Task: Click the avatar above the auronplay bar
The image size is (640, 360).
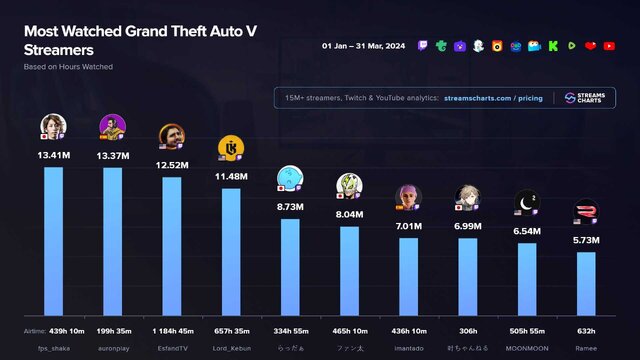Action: click(x=112, y=127)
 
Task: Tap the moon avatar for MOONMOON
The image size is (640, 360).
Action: click(x=527, y=203)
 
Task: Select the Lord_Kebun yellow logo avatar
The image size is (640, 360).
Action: click(x=230, y=148)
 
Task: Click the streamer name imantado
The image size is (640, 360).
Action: click(x=408, y=347)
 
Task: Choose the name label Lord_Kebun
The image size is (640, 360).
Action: click(x=230, y=347)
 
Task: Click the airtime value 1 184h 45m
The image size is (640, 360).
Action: click(x=172, y=330)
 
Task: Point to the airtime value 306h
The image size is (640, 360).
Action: click(x=468, y=330)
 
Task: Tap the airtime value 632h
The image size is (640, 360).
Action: click(x=586, y=330)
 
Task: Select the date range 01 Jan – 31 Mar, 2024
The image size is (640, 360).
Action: click(x=363, y=46)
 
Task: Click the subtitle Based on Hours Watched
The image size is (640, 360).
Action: click(x=68, y=66)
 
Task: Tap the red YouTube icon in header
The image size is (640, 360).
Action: click(x=609, y=46)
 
